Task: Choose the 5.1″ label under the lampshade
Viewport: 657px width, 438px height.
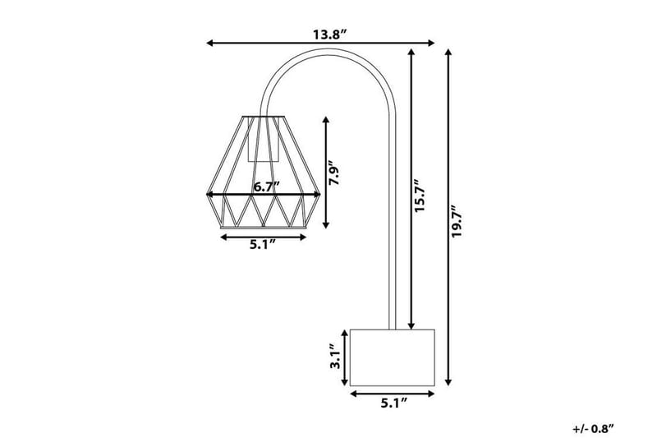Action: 263,245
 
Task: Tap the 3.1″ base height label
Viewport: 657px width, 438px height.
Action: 334,357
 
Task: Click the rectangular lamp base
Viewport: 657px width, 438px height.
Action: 392,357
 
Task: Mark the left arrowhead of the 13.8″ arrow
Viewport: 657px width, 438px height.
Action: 209,43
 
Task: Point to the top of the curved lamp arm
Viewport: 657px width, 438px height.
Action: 328,49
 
